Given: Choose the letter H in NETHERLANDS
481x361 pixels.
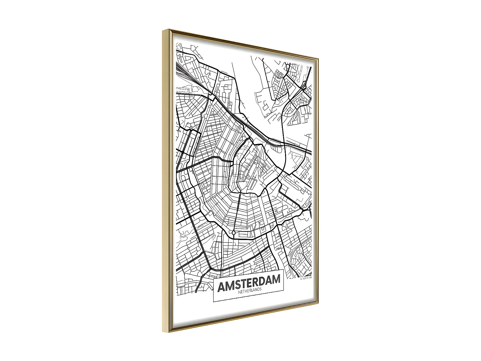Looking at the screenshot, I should pyautogui.click(x=246, y=291).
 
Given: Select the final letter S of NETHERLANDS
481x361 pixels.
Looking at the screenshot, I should pyautogui.click(x=260, y=289).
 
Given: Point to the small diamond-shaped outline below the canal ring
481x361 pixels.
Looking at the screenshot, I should pyautogui.click(x=234, y=232).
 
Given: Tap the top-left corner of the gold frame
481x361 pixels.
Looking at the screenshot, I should pyautogui.click(x=163, y=29).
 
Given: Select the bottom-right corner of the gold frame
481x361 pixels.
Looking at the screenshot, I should pyautogui.click(x=318, y=303).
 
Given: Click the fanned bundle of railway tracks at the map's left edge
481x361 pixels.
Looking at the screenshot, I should pyautogui.click(x=184, y=74).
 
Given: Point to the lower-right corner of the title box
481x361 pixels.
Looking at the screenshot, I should pyautogui.click(x=284, y=291).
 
